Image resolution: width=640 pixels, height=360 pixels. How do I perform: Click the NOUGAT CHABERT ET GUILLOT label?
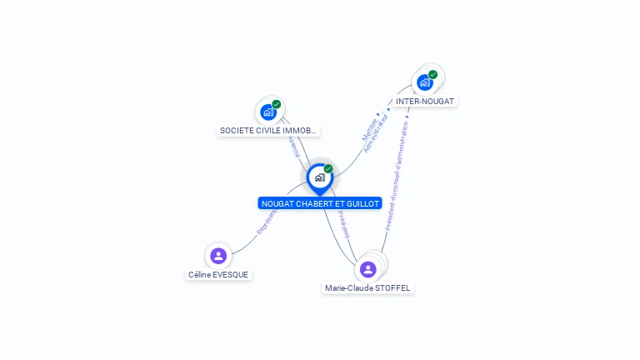point(320,203)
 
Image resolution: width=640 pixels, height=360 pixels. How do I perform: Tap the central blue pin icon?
point(319,177)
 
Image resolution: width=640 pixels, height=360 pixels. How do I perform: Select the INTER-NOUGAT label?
point(425,101)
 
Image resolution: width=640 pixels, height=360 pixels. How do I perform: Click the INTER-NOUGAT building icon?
point(424,82)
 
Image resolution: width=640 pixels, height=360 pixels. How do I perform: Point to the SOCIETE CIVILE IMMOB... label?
point(268,130)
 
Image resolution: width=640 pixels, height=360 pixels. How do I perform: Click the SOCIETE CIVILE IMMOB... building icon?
point(268,112)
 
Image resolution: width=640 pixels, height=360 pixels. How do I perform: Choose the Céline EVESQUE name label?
point(218,274)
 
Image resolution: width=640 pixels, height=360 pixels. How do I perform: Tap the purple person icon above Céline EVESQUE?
point(218,256)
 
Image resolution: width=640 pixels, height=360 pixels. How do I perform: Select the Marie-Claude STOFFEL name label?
point(367,287)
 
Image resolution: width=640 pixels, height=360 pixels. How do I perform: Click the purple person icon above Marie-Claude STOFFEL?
point(367,269)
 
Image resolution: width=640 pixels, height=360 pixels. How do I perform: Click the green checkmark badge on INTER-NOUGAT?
point(433,74)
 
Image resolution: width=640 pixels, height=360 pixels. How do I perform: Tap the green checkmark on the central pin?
point(328,169)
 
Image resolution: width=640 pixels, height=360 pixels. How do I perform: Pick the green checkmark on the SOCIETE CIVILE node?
point(277,104)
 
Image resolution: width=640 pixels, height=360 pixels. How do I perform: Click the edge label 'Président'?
point(345,224)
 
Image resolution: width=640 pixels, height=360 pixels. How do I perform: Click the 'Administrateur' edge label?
point(376,133)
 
